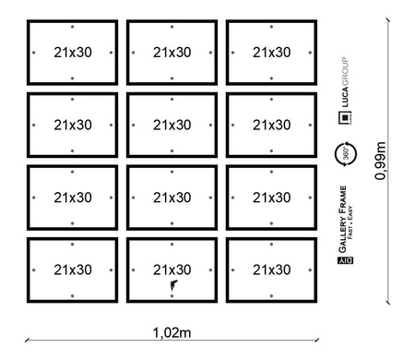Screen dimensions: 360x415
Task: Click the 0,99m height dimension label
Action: point(379,161)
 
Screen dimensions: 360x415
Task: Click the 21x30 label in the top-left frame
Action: point(73,52)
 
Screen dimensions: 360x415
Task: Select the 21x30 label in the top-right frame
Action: point(270,52)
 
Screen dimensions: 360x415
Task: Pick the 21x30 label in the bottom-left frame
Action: point(73,270)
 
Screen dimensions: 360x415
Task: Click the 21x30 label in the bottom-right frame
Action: point(270,270)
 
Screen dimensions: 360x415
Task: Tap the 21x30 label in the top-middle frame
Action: point(172,52)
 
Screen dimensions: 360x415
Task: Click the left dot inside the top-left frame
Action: point(33,52)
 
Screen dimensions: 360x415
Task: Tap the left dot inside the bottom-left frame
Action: point(33,270)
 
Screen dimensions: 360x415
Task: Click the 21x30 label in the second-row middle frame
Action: point(172,125)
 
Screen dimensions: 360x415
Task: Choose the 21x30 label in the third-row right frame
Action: point(270,197)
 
